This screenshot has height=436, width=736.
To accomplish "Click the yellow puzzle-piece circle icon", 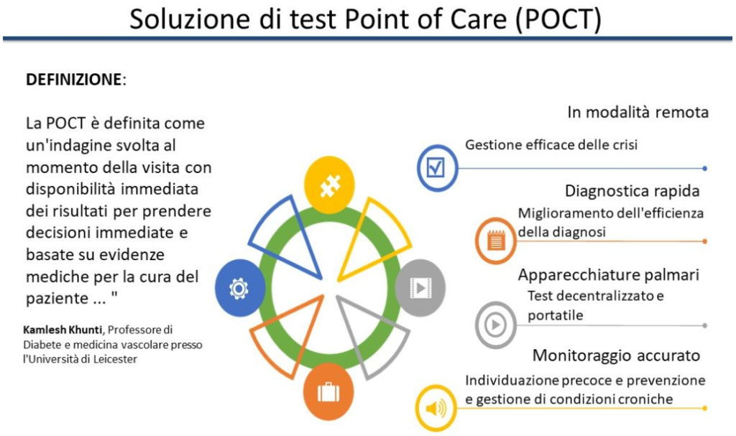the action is click(x=329, y=185).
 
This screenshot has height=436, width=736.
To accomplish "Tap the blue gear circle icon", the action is click(x=240, y=288).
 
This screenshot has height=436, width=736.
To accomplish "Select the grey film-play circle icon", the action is click(x=420, y=288).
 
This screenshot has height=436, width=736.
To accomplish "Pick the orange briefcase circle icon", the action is click(x=328, y=391).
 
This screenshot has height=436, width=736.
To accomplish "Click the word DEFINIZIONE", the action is click(x=74, y=79).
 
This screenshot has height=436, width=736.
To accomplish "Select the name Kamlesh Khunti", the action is click(x=63, y=330).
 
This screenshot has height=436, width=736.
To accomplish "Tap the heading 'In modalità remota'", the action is click(x=638, y=112).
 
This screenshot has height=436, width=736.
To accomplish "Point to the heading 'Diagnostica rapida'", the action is click(x=632, y=191).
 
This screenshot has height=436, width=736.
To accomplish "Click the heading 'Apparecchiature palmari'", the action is click(x=609, y=274).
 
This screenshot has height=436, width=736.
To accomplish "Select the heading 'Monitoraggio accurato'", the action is click(x=616, y=356).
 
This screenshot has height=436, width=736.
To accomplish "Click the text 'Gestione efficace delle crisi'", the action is click(x=551, y=144).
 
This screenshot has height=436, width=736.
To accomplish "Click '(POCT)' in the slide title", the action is click(x=558, y=19).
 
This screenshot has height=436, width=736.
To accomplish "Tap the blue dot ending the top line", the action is click(x=704, y=168).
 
